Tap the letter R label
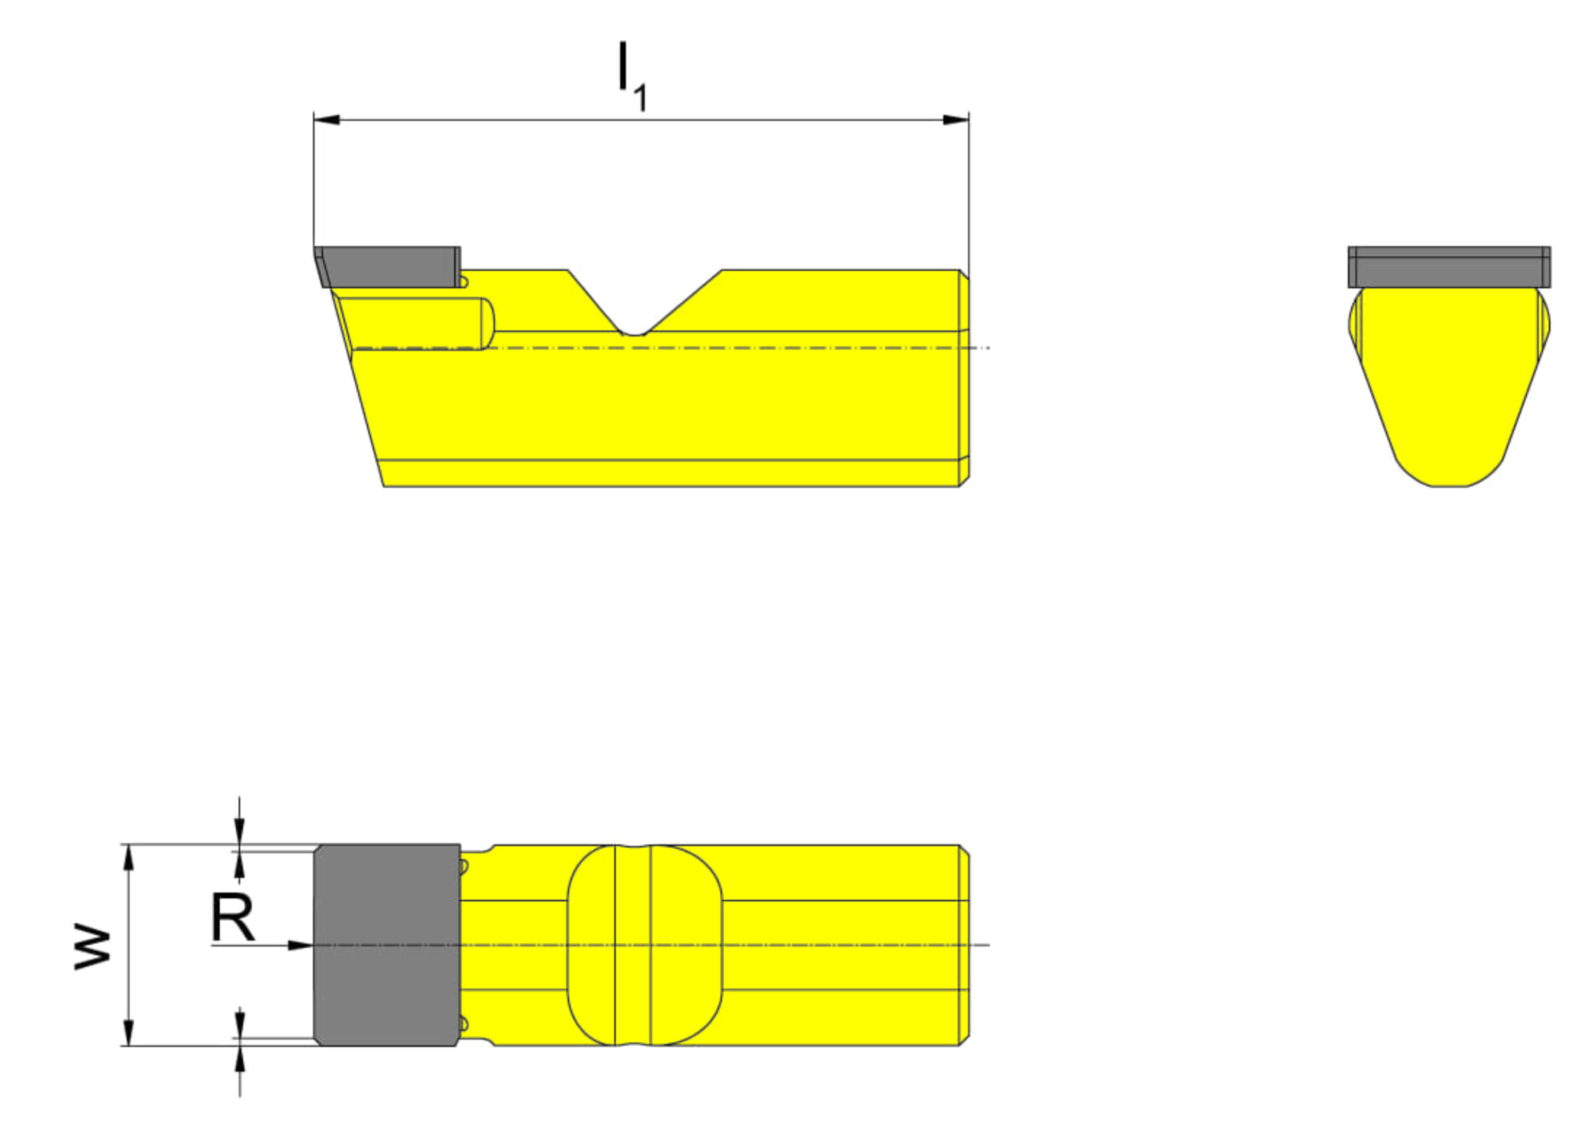pos(232,918)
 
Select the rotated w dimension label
pos(92,946)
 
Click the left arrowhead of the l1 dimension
pos(327,119)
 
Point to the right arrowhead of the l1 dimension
pos(956,119)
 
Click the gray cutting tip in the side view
pos(388,266)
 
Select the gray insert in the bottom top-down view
pos(386,945)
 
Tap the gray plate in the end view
pos(1448,266)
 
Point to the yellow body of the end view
pos(1448,386)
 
